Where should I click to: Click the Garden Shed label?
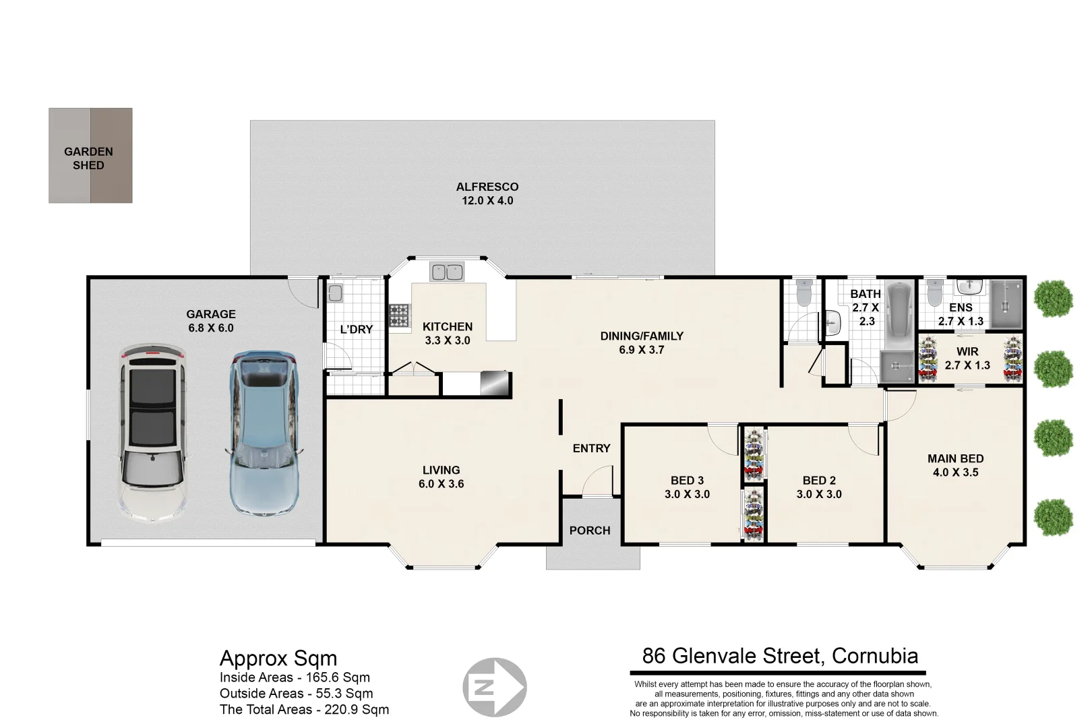click(x=88, y=158)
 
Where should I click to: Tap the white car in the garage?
click(x=152, y=431)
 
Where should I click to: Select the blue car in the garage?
click(x=264, y=431)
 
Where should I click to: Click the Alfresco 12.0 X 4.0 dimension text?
click(x=487, y=201)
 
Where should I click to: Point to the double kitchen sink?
click(x=447, y=272)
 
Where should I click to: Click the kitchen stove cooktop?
click(x=398, y=315)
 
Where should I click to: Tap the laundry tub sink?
click(x=335, y=293)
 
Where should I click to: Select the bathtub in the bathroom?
click(x=898, y=309)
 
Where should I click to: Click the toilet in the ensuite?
click(x=934, y=293)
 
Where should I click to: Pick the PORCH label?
click(x=589, y=530)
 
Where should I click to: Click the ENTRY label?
click(x=591, y=448)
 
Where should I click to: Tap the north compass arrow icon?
click(x=494, y=688)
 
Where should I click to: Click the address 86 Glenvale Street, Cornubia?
click(x=780, y=656)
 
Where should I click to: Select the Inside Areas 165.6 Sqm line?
click(x=295, y=677)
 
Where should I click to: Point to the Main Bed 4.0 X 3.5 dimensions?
click(x=955, y=473)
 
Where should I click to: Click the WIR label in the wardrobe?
click(x=967, y=351)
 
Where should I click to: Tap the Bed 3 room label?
click(x=687, y=481)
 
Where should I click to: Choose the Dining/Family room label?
click(x=641, y=336)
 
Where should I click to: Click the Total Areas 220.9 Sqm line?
click(x=304, y=709)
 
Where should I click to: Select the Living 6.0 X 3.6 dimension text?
click(x=441, y=484)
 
